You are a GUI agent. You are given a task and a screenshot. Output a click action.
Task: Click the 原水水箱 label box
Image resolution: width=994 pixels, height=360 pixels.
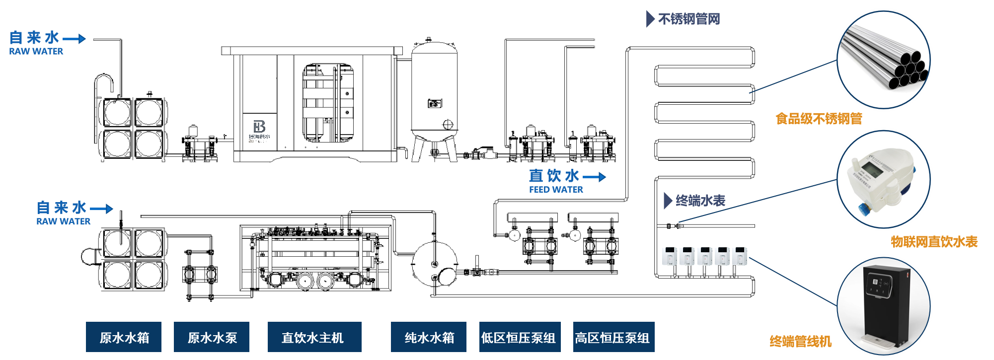(x=124, y=337)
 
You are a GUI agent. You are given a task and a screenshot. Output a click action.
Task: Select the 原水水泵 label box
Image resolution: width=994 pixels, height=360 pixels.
(x=212, y=337)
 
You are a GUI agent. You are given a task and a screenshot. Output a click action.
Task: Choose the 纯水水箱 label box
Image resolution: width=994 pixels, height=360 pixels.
(x=429, y=337)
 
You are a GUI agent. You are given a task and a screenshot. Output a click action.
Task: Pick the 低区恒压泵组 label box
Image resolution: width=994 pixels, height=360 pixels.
(x=520, y=337)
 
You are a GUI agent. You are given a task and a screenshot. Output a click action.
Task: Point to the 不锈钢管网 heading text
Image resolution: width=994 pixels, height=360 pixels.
(x=689, y=19)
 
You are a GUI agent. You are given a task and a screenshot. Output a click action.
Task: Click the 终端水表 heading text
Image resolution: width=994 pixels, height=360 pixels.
(x=700, y=201)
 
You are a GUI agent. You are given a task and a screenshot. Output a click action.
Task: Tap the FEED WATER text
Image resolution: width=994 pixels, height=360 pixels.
(x=556, y=190)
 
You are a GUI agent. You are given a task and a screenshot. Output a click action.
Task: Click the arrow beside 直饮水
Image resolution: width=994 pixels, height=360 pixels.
(x=594, y=177)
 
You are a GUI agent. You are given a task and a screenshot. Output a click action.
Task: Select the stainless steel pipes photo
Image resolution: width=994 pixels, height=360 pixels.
(x=884, y=60)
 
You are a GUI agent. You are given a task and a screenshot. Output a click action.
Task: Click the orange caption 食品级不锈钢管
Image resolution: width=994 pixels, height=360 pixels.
(x=819, y=119)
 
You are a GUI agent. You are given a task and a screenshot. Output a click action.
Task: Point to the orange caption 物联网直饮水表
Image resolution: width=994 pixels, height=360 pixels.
(x=934, y=242)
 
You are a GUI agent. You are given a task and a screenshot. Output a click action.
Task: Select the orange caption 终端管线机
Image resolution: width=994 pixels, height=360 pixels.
(x=800, y=342)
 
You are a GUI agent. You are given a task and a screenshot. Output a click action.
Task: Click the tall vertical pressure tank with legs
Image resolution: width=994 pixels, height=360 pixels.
(x=435, y=94)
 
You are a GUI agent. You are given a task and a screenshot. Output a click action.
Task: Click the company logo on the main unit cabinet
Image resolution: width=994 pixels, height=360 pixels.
(x=259, y=127)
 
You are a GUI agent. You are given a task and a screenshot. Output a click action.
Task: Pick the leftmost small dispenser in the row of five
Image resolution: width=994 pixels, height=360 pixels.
(x=670, y=256)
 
